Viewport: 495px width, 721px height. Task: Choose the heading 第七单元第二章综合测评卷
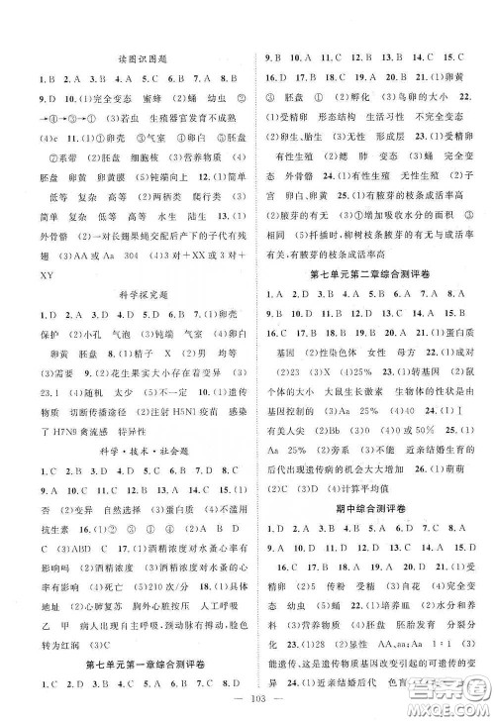coord(367,273)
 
